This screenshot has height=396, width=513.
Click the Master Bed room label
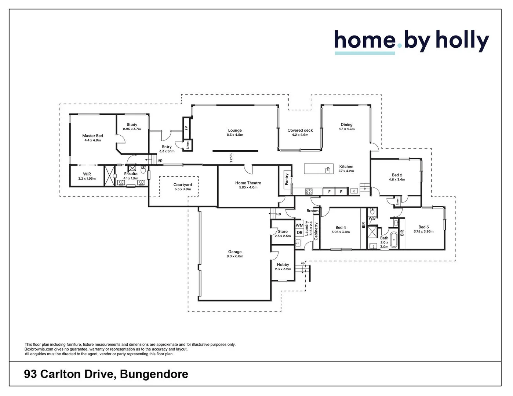(92, 136)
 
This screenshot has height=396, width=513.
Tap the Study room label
(132, 125)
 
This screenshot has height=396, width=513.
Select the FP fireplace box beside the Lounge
(186, 128)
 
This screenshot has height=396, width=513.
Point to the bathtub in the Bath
(394, 240)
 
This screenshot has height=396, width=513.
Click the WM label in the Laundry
(299, 225)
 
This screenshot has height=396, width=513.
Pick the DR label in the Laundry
(299, 232)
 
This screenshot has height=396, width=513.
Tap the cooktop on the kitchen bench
(309, 191)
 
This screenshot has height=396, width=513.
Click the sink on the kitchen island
(328, 170)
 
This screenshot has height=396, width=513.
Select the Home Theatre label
(248, 183)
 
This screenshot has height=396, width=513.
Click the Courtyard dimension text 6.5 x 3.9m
(183, 189)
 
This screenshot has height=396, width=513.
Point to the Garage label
(235, 252)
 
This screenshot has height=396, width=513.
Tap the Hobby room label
(283, 264)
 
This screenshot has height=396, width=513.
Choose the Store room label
(283, 231)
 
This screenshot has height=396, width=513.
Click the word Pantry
(287, 179)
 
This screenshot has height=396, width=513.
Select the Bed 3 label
(423, 227)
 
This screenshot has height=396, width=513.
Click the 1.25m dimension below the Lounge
(231, 158)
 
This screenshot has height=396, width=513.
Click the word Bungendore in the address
(154, 374)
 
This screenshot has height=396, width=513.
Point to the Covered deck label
(300, 130)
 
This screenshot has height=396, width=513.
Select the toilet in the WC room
(372, 212)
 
